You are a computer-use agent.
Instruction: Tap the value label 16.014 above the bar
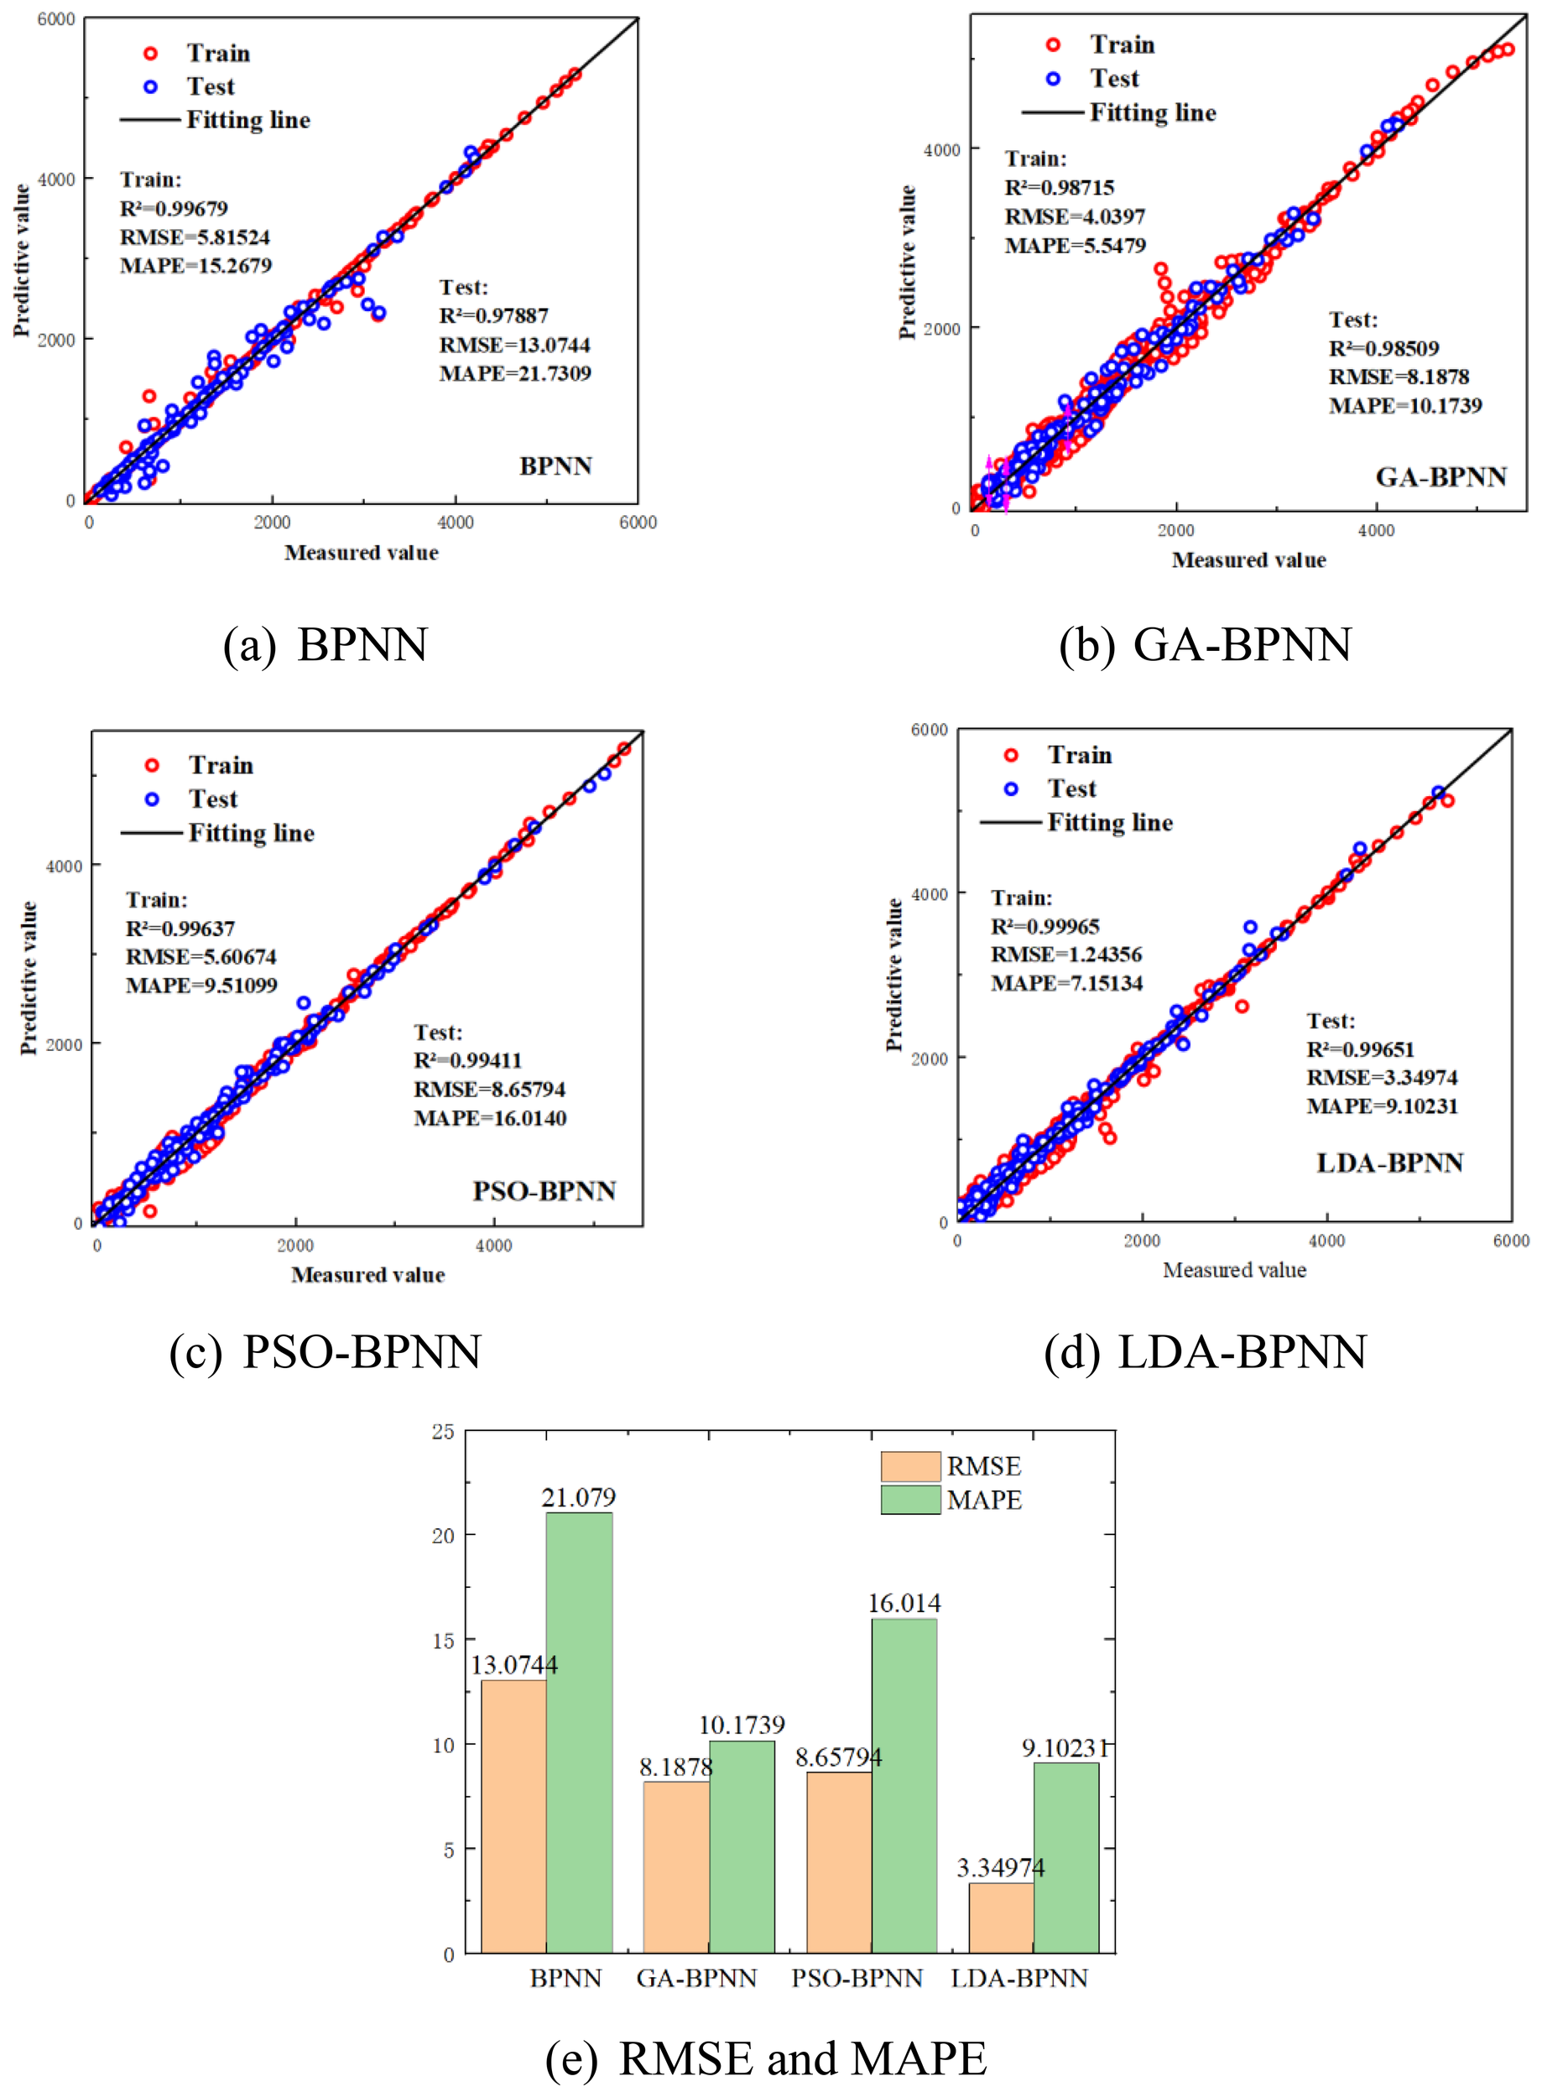[x=904, y=1602]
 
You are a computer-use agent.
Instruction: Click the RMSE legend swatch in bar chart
[x=910, y=1465]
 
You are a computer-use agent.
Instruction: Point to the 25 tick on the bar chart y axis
[x=443, y=1432]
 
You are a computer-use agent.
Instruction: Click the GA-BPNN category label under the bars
[x=696, y=1978]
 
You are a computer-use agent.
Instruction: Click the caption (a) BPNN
[x=325, y=644]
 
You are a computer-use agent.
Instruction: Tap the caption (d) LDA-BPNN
[x=1205, y=1351]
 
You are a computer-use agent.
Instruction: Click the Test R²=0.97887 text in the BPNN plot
[x=494, y=315]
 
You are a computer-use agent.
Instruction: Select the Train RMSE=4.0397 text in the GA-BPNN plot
[x=1075, y=216]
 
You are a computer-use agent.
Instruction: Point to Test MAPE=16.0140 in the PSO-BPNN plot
[x=490, y=1118]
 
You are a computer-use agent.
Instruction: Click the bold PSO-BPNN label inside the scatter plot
[x=544, y=1191]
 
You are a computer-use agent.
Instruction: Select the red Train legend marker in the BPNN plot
[x=150, y=53]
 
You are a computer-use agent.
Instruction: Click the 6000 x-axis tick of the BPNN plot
[x=638, y=523]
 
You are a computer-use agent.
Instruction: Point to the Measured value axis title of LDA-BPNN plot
[x=1234, y=1269]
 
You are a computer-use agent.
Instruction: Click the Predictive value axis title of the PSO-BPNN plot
[x=28, y=977]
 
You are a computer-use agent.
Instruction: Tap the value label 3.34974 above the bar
[x=1000, y=1867]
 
